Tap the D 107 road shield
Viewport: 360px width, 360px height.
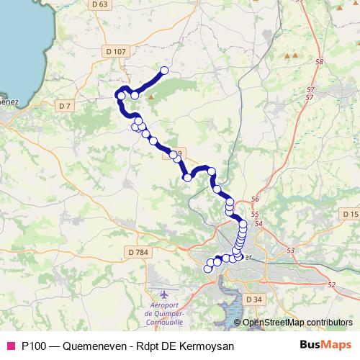(x=114, y=51)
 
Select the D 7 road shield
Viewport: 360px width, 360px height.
(x=65, y=106)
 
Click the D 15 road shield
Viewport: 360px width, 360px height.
(x=350, y=215)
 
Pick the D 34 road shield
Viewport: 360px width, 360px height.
(x=253, y=299)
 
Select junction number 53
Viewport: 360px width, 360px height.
(x=291, y=250)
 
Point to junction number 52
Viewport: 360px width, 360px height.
(x=331, y=285)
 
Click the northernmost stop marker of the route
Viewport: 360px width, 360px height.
(x=164, y=71)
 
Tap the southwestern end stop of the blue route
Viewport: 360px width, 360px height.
(x=208, y=269)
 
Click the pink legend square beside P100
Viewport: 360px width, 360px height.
(x=11, y=345)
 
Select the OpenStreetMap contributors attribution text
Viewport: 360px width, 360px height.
(x=296, y=322)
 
